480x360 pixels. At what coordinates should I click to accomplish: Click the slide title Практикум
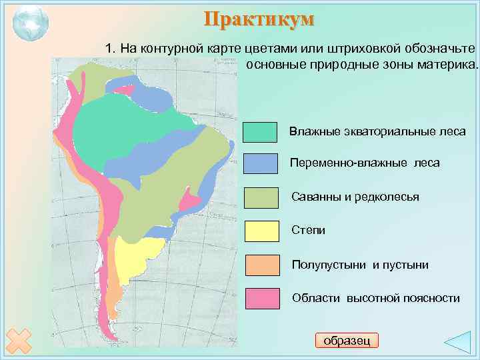point(258,19)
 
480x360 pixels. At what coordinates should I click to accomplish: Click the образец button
point(346,340)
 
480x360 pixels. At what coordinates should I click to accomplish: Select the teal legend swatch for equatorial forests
point(260,133)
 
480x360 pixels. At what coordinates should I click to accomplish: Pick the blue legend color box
point(260,163)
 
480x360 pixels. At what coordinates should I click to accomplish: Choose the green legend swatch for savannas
point(261,197)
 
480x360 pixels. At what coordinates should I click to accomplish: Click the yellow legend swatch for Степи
point(261,230)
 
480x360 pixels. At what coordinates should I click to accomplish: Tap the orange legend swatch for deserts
point(262,265)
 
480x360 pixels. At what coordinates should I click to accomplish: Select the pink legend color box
point(262,298)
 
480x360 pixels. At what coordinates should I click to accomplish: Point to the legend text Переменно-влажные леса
point(365,163)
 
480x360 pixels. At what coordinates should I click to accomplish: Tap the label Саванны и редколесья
point(355,197)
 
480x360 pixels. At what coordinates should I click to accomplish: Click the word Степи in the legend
point(308,230)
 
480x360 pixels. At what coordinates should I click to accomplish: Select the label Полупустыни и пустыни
point(360,265)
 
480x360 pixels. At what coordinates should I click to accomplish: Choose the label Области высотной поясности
point(375,298)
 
